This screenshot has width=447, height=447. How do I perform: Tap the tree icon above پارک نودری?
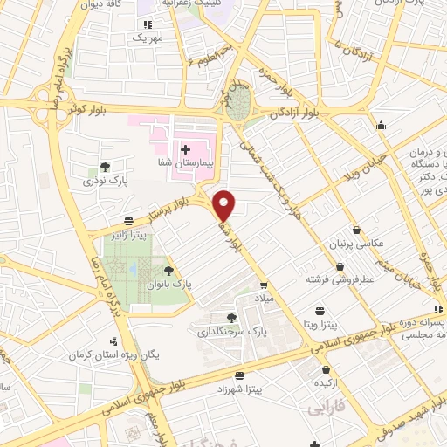tap(106, 166)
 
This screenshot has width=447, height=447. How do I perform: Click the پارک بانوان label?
tap(168, 284)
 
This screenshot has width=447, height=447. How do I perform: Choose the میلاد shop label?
tap(265, 299)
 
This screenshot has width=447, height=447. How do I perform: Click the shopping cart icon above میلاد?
tap(263, 285)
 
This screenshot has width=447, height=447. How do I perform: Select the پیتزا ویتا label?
tap(321, 324)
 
